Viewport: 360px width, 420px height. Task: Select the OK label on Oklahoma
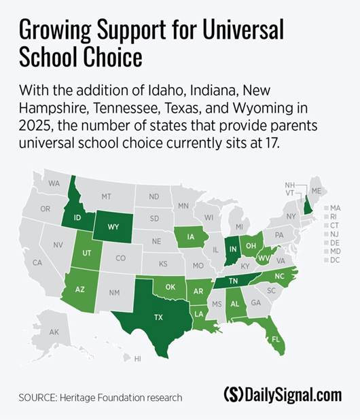pos(170,287)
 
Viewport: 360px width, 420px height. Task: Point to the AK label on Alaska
pos(54,332)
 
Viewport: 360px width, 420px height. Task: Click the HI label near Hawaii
pos(137,358)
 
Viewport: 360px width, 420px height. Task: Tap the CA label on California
pos(37,263)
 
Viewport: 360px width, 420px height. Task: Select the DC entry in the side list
pos(335,261)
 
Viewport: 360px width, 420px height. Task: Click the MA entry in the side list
pos(335,208)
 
